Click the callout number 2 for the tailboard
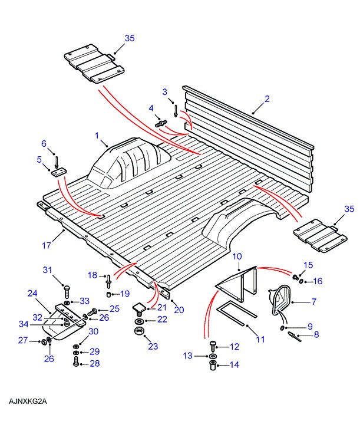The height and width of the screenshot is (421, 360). coord(266,98)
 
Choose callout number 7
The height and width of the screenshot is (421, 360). coord(313,302)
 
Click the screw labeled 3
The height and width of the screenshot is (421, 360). coord(175,110)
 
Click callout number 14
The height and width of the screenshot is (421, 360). coord(234,364)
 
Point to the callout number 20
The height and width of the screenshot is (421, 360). coord(179,310)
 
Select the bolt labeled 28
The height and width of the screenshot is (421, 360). coord(76,364)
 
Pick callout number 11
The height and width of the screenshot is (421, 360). coord(260,339)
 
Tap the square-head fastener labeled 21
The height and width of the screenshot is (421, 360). coord(140,307)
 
